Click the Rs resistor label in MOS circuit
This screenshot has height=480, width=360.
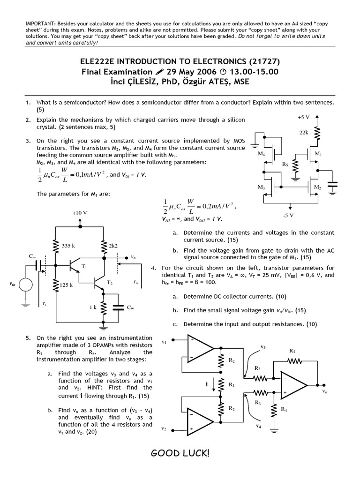285,164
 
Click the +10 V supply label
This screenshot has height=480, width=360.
79,212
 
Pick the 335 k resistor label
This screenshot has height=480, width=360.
69,245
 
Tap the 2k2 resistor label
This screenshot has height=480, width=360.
114,245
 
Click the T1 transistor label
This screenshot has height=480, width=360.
84,266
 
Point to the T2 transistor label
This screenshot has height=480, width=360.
110,283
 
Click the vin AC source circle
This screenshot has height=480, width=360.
25,284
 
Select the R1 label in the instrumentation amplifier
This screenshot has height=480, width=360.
231,384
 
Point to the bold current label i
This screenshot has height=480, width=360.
207,383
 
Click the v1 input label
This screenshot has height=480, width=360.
164,342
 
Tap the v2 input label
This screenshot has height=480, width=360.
164,428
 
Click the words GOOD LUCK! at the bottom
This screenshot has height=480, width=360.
180,453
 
